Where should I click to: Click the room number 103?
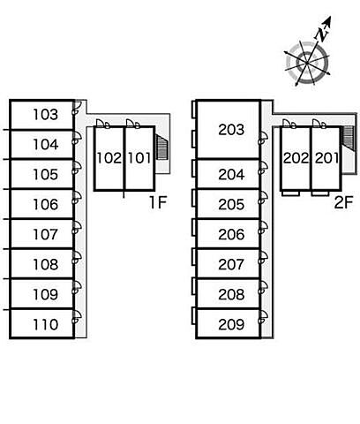point(46,115)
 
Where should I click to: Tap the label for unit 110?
point(46,324)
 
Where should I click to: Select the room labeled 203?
point(231,130)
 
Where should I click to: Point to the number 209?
point(231,324)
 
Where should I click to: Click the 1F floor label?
point(158,202)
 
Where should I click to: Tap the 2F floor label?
point(343,202)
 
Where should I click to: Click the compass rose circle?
point(307,63)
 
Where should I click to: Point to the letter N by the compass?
point(322,34)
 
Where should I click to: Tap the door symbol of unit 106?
point(77,197)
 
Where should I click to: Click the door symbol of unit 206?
point(263,227)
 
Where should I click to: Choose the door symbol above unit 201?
point(319,124)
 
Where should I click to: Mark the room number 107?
point(46,234)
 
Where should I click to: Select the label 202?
point(296,158)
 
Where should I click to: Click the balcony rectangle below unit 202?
point(290,193)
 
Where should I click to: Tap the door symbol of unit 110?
point(77,316)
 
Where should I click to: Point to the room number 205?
point(231,204)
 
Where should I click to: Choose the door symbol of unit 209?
point(263,317)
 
